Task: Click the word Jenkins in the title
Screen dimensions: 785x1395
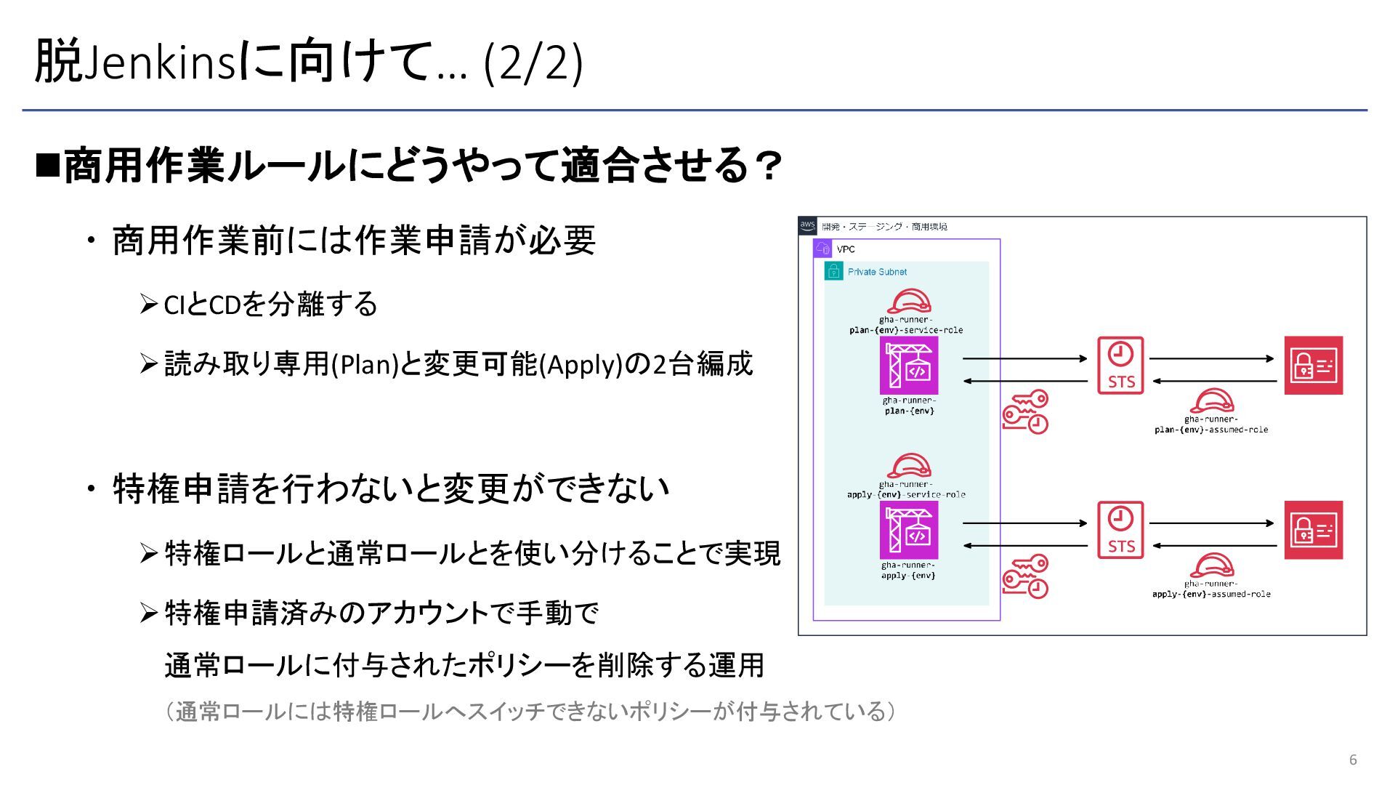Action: click(161, 63)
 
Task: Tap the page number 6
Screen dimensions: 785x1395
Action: click(1353, 760)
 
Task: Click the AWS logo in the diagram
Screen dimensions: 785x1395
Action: click(807, 225)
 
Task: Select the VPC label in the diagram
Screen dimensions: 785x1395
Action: click(846, 249)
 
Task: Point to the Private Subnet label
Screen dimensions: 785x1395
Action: click(877, 272)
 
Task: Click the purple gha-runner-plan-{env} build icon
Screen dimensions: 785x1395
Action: click(909, 365)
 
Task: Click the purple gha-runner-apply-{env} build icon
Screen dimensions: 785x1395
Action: click(909, 530)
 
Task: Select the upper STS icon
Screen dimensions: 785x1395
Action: click(1120, 365)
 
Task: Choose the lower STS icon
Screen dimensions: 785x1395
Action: click(1120, 530)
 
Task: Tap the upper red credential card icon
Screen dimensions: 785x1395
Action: click(1313, 365)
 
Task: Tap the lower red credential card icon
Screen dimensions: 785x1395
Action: click(1313, 530)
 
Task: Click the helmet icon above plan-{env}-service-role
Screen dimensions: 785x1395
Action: click(909, 301)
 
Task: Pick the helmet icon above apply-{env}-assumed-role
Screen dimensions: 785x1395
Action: click(1211, 565)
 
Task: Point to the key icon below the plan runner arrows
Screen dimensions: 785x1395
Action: click(1025, 411)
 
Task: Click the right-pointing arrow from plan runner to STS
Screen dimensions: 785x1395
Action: click(1024, 358)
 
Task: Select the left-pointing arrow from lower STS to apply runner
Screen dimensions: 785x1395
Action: click(1024, 545)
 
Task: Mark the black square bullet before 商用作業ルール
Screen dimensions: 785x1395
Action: click(48, 165)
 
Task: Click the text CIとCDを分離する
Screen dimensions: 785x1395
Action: click(270, 305)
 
